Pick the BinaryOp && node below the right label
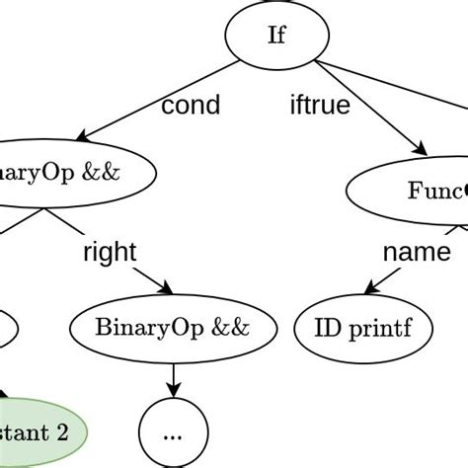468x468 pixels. pyautogui.click(x=173, y=328)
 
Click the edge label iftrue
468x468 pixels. pyautogui.click(x=318, y=106)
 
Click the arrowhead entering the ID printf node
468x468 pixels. pyautogui.click(x=369, y=290)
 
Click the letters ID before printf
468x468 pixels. pyautogui.click(x=326, y=328)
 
